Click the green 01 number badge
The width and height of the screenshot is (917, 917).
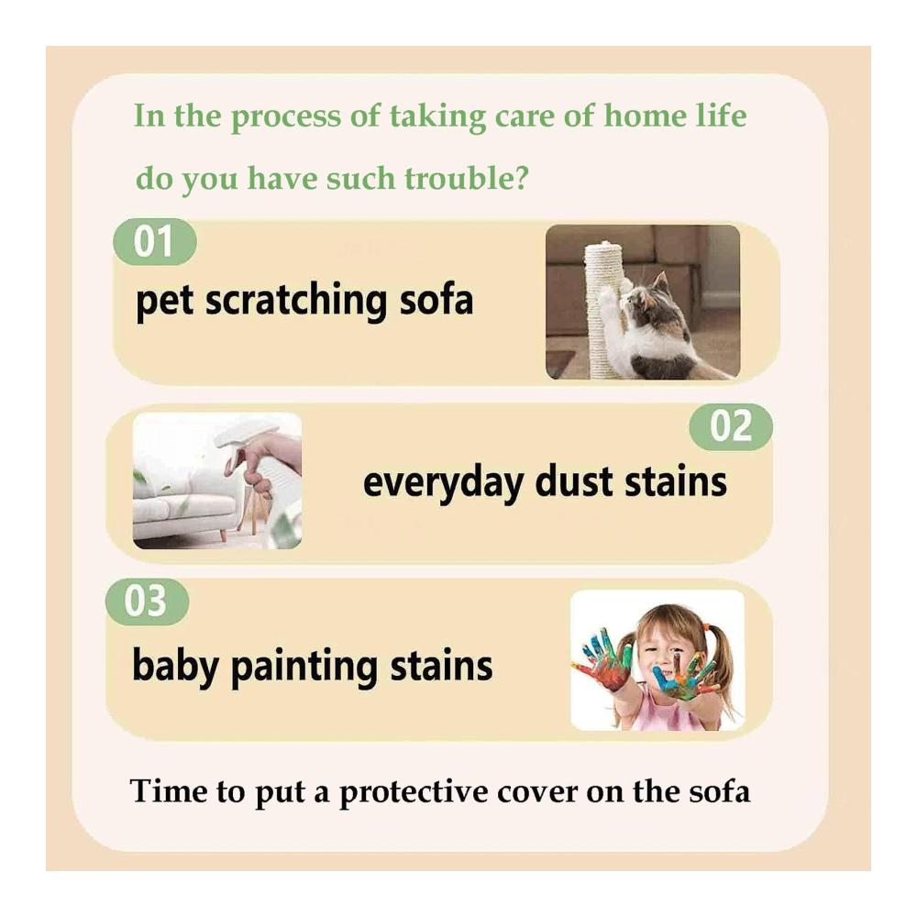[154, 241]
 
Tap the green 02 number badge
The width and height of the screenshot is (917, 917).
[731, 426]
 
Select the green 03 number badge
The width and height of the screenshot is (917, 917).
[147, 602]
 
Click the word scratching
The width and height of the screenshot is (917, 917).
[295, 301]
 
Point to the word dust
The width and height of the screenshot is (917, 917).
[576, 482]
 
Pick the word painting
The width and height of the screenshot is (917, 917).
[304, 667]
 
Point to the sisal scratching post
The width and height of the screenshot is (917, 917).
[605, 310]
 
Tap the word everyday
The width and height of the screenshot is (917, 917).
[443, 483]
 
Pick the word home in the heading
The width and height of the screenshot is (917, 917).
[645, 115]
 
